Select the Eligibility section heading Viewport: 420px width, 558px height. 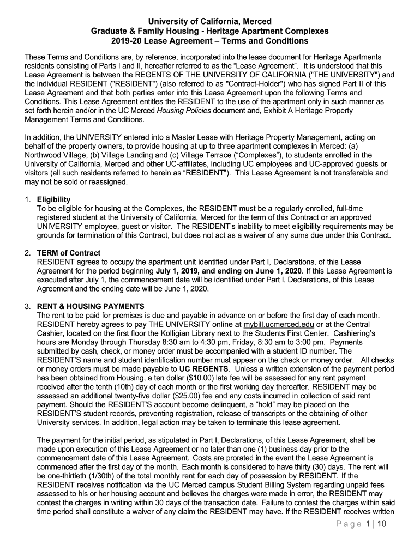coord(53,199)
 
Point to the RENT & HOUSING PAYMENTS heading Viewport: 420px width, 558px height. coord(91,306)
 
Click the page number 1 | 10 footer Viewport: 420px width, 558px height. coord(374,539)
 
